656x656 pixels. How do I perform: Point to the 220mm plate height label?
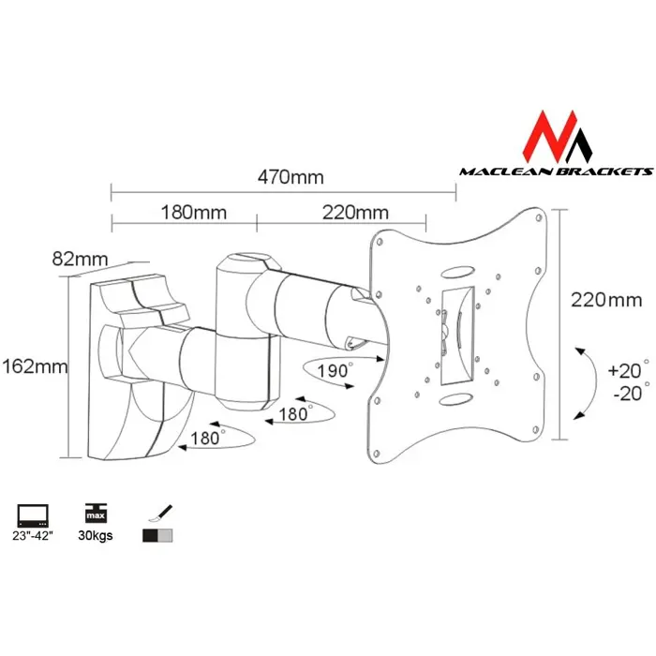point(606,300)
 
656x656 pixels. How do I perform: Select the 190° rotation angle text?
point(335,370)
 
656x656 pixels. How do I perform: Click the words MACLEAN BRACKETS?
point(555,171)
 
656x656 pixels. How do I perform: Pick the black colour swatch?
point(150,537)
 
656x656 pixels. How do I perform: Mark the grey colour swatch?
point(166,537)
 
